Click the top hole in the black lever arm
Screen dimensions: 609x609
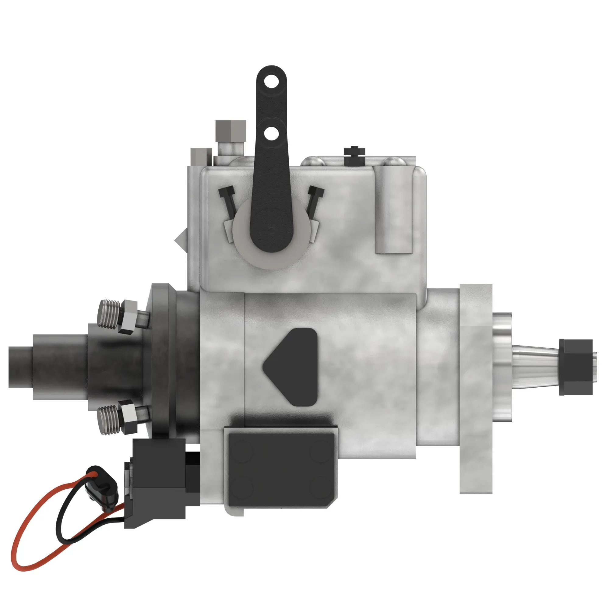pos(270,83)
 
